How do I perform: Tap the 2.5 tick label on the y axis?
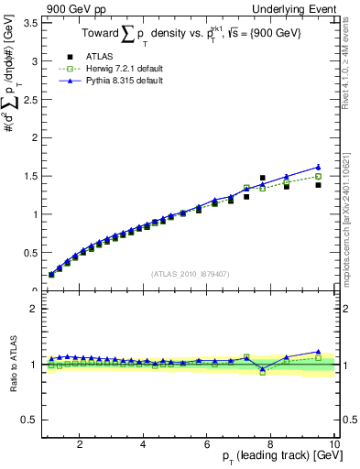click(x=29, y=99)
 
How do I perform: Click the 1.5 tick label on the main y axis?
click(x=29, y=176)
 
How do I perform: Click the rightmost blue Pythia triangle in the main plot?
click(x=318, y=168)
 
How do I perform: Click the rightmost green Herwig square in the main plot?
click(x=318, y=176)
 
